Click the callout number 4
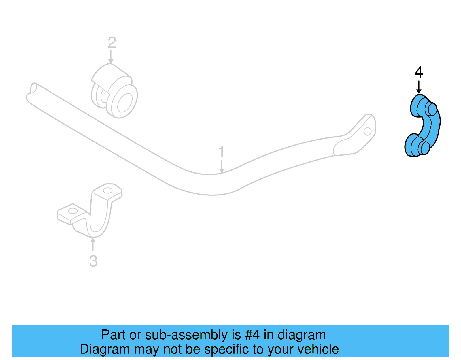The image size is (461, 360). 419,72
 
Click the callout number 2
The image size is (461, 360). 112,43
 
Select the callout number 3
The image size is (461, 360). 93,261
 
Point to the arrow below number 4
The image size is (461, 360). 419,87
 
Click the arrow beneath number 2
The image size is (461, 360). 111,57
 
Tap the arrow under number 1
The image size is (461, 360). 222,166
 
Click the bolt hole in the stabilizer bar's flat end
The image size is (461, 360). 367,131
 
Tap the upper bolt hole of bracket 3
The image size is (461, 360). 107,191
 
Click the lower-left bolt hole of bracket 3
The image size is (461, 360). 72,211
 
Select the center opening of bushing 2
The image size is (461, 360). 125,102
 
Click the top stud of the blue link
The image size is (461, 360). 432,109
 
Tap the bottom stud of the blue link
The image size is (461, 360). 424,148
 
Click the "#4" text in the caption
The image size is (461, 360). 252,335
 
